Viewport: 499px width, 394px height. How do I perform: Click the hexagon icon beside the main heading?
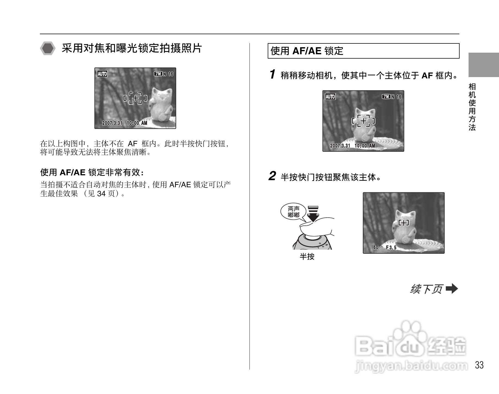click(x=48, y=49)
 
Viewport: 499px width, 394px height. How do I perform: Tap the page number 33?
click(x=479, y=365)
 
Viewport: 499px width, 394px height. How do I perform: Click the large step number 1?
click(x=272, y=74)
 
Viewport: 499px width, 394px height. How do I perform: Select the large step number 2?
click(x=272, y=176)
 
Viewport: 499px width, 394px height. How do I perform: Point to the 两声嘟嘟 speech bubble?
click(x=294, y=212)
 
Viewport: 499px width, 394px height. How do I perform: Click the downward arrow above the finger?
click(x=313, y=214)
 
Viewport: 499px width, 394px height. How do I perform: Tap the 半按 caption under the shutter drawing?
click(x=307, y=256)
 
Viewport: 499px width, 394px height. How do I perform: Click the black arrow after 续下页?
click(x=452, y=289)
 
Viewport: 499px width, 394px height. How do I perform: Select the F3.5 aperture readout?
click(x=391, y=247)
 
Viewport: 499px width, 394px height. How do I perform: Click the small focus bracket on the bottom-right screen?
click(x=404, y=223)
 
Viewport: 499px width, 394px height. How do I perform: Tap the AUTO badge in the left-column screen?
click(x=102, y=74)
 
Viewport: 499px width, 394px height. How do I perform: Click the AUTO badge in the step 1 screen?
click(x=330, y=97)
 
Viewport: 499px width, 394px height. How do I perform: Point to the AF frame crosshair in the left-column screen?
click(x=135, y=98)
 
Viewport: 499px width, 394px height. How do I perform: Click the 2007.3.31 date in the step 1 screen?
click(x=340, y=146)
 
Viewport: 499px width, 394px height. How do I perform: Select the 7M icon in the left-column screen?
click(x=158, y=74)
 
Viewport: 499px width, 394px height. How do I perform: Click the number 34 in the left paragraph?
click(x=101, y=194)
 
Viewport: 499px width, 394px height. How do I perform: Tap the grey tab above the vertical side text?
click(x=484, y=65)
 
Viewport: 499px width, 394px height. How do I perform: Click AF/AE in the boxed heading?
click(x=307, y=51)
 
